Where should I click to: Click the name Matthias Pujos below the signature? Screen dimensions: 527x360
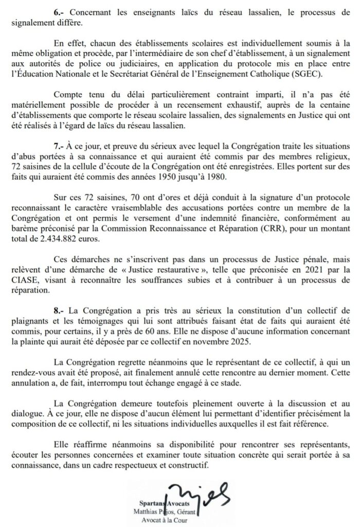(164, 512)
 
